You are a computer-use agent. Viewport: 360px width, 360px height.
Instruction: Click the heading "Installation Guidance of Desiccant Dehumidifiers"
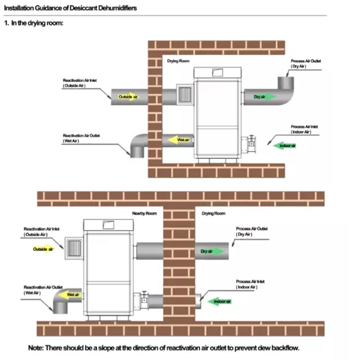[70, 8]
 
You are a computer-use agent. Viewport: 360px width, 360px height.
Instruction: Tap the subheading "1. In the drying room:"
[33, 23]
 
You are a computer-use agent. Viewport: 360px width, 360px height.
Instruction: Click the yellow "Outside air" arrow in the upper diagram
[128, 97]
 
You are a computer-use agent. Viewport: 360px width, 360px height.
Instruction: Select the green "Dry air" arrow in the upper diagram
[265, 97]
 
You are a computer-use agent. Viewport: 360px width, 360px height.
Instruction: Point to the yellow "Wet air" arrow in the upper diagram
[179, 140]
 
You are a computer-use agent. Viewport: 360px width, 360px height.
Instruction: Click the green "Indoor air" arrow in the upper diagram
[285, 145]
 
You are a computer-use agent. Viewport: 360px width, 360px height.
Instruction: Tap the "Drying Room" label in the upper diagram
[178, 61]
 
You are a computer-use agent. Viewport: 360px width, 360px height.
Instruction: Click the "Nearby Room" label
[144, 213]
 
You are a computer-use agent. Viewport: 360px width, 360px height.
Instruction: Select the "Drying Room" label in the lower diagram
[213, 213]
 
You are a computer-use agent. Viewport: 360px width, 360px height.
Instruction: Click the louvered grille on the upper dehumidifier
[185, 94]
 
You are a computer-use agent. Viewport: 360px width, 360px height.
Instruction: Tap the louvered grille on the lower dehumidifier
[74, 248]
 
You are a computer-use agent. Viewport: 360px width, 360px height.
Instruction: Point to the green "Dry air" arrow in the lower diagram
[212, 251]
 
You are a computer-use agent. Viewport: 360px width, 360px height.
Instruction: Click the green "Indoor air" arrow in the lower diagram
[220, 301]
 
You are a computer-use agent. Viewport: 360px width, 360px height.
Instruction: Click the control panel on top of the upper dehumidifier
[217, 72]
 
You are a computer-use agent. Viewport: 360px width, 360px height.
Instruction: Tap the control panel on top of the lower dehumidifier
[108, 225]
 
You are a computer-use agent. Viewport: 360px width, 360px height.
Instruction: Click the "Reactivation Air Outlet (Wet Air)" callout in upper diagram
[81, 138]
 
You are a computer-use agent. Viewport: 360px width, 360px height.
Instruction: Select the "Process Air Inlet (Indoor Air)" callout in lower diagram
[250, 284]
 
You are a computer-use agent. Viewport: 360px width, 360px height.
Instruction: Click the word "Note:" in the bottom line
[36, 348]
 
